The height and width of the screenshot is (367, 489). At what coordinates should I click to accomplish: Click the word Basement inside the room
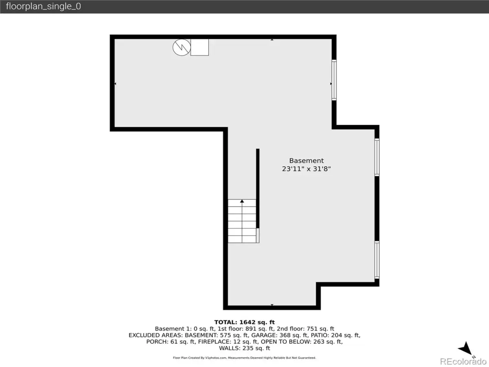(x=306, y=161)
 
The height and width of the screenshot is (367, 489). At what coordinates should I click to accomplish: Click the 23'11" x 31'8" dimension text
(x=306, y=169)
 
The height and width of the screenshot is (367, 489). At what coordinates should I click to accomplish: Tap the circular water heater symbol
(x=182, y=47)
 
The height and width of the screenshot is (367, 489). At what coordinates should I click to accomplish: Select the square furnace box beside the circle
(x=200, y=47)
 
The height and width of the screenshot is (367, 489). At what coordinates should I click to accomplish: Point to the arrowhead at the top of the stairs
(x=242, y=201)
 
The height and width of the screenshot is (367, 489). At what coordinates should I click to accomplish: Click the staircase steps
(x=242, y=221)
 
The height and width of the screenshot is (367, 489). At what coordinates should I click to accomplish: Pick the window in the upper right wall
(x=334, y=80)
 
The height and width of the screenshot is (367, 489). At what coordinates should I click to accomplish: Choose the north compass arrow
(x=465, y=348)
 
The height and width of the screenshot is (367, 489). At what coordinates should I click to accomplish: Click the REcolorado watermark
(x=463, y=361)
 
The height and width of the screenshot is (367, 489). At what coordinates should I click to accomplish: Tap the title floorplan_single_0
(x=44, y=7)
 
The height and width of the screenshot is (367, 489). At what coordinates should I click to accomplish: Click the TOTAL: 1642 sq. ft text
(x=244, y=322)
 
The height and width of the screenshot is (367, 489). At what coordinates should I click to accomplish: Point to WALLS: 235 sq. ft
(x=244, y=348)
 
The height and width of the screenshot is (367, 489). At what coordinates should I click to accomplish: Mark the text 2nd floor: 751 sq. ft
(x=306, y=329)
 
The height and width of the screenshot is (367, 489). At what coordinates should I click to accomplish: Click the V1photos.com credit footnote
(x=244, y=358)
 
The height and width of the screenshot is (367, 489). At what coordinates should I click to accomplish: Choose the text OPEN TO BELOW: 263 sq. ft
(x=302, y=342)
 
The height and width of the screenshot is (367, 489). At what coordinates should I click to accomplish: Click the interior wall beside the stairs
(x=258, y=188)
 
